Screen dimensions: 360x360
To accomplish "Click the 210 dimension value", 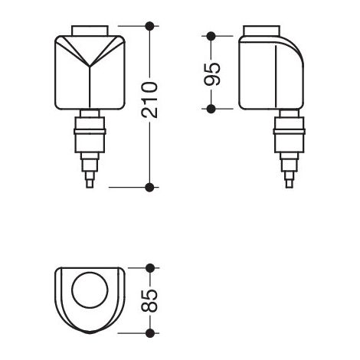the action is [x=149, y=100].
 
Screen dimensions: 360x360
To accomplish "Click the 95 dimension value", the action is [x=211, y=74].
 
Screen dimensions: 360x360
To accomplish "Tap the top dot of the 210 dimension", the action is [x=149, y=26].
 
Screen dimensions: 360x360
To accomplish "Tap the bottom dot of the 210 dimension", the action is [x=149, y=187].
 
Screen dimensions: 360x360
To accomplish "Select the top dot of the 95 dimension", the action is [x=211, y=36].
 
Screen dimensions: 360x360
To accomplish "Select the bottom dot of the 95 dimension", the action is [x=211, y=109].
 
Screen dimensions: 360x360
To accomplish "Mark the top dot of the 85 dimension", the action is [x=150, y=268].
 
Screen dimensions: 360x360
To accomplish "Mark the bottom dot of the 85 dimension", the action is [x=150, y=333].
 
